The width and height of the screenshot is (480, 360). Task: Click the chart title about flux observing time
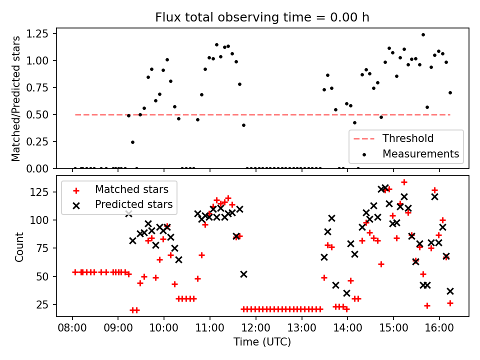tap(262, 17)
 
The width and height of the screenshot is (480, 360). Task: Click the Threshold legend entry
tap(393, 138)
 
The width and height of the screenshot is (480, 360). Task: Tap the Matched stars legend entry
tap(121, 189)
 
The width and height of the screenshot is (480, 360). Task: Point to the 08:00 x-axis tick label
tap(72, 328)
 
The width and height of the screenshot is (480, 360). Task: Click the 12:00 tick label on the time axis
tap(255, 328)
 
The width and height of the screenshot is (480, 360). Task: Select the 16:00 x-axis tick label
tap(439, 328)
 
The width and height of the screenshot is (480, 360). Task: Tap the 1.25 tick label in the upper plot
tap(37, 33)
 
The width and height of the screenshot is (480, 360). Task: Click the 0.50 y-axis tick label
tap(37, 114)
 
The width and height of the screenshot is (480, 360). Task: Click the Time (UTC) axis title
tap(262, 341)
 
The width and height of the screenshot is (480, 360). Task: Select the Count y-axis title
tap(19, 247)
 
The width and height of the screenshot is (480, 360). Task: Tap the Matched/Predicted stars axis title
tap(15, 98)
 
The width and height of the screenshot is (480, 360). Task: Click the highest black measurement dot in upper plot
tap(423, 35)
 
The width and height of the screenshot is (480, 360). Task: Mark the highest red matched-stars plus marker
tap(404, 182)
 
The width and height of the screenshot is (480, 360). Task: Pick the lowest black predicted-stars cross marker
tap(346, 293)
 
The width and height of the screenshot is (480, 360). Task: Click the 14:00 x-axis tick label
tap(347, 328)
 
